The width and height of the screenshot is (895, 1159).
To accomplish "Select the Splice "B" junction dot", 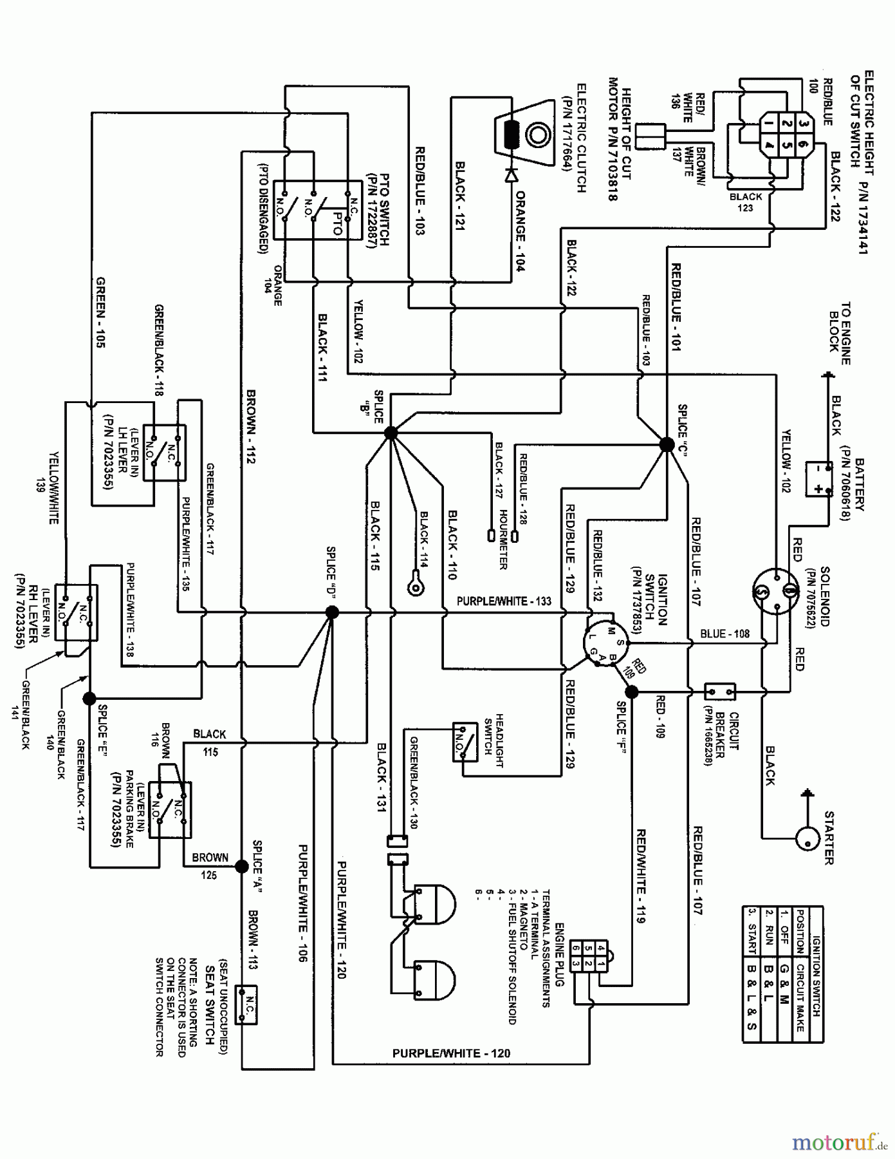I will [391, 434].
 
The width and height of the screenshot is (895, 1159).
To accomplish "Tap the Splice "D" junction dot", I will [332, 612].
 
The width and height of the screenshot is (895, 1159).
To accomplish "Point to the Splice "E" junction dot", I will [89, 697].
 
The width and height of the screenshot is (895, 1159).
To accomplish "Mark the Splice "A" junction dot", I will [242, 866].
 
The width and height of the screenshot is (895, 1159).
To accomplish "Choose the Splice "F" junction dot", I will [632, 692].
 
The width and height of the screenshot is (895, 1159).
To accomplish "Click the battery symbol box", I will [819, 479].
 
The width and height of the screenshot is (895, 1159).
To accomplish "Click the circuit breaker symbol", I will [720, 692].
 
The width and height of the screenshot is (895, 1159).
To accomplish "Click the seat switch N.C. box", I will [247, 1005].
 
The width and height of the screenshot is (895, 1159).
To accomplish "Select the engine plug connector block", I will [589, 956].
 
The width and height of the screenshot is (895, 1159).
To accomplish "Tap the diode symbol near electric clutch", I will [512, 174].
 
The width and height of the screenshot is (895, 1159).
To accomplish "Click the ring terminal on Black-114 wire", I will [415, 583].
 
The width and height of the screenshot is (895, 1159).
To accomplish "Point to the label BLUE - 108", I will [724, 634].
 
